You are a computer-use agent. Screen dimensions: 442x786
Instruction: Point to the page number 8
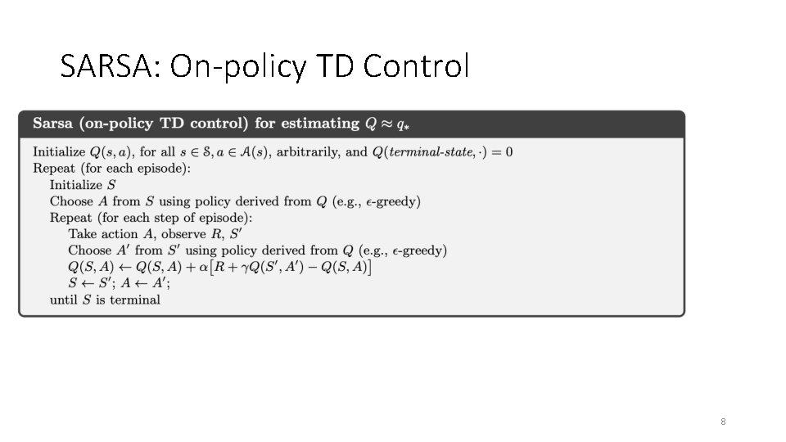tap(723, 422)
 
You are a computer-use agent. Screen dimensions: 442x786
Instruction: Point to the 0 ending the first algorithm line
tap(509, 152)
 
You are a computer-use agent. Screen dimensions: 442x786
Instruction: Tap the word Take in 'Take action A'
tap(82, 234)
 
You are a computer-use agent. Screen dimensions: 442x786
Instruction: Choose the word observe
tap(185, 234)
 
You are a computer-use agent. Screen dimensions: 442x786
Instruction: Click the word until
tap(64, 300)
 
